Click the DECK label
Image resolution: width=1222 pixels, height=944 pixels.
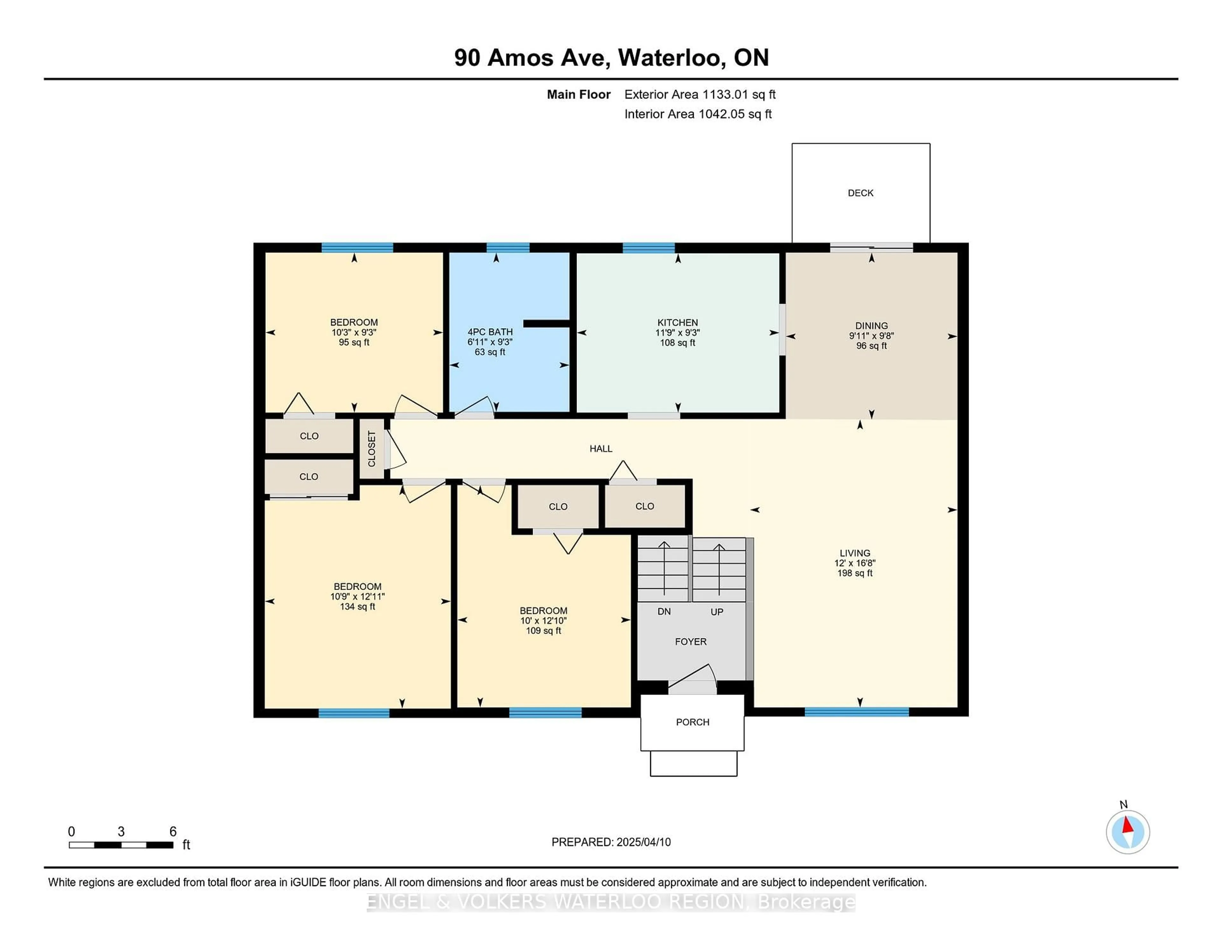[x=860, y=193]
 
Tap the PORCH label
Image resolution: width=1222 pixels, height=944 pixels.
[x=693, y=722]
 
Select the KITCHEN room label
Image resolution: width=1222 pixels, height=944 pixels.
[x=678, y=323]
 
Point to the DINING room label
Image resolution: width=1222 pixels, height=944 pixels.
[x=871, y=325]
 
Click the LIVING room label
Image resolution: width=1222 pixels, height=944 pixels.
[x=855, y=553]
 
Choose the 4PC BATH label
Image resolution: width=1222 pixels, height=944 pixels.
[x=490, y=332]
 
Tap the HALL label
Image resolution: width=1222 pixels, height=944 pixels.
[x=601, y=448]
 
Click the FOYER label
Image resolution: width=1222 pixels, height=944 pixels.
[x=691, y=642]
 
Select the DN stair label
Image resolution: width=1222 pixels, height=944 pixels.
[x=664, y=611]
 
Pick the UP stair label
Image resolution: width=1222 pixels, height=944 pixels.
[x=717, y=612]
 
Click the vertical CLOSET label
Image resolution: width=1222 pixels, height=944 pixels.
[x=371, y=448]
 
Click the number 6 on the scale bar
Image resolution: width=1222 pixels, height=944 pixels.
[x=173, y=832]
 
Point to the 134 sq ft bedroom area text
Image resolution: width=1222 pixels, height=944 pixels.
[x=358, y=606]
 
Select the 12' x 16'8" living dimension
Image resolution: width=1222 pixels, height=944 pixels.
[x=855, y=563]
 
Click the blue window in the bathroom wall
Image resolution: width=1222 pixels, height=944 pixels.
[x=508, y=248]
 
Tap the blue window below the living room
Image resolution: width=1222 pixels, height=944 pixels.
[x=857, y=712]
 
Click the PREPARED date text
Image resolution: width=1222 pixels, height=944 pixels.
[x=611, y=842]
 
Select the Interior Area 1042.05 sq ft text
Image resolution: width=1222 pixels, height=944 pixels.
[x=698, y=114]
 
